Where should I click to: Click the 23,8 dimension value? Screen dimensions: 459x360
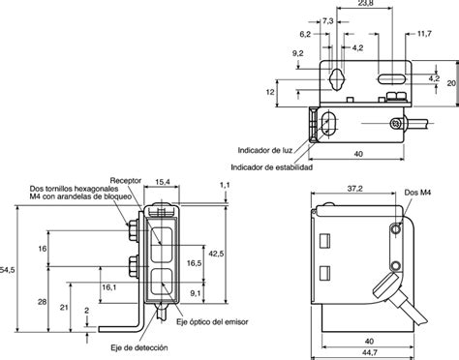coord(364,3)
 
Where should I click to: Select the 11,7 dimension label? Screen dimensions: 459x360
coord(424,34)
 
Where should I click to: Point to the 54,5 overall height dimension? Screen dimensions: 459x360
coord(7,270)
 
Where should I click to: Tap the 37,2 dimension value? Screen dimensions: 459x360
coord(354,189)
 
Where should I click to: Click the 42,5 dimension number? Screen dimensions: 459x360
coord(216,254)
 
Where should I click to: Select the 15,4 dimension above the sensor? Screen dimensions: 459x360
coord(163,182)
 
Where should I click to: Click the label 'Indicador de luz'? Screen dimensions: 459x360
coord(265,150)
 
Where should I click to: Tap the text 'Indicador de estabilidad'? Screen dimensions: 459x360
coord(272,167)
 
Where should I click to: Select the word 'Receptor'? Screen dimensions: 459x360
coord(126,180)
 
